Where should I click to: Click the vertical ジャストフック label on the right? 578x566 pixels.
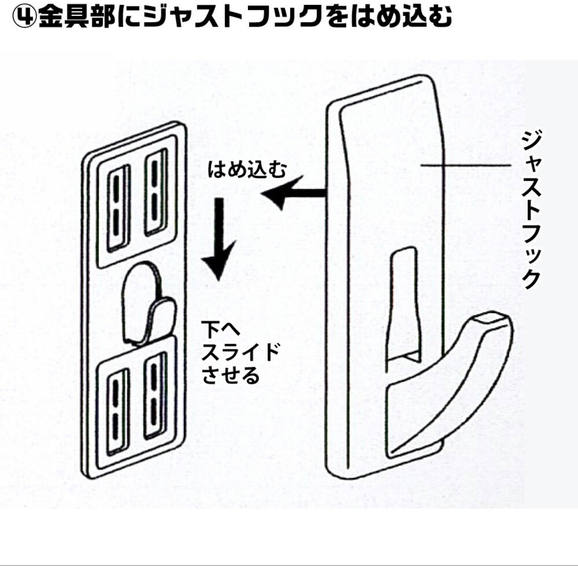531,210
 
